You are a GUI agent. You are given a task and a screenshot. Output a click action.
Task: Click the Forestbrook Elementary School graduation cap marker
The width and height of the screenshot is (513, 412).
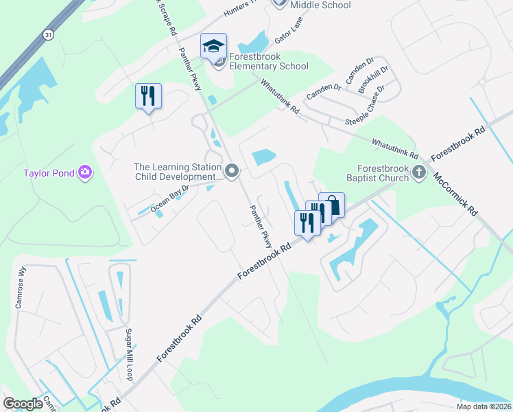pyautogui.click(x=213, y=47)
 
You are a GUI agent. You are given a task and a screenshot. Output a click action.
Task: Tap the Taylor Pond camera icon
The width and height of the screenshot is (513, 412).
pyautogui.click(x=85, y=172)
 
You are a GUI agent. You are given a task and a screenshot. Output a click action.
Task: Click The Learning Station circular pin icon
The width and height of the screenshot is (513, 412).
pyautogui.click(x=232, y=171)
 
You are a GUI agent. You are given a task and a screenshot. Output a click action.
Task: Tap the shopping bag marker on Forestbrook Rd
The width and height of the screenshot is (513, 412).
pyautogui.click(x=332, y=205)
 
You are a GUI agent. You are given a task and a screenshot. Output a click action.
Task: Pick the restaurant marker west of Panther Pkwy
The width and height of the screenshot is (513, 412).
pyautogui.click(x=148, y=96)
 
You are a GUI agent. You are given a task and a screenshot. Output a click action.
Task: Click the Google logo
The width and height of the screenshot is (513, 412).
pyautogui.click(x=23, y=404)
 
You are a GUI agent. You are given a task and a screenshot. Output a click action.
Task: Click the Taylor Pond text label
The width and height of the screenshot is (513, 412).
pyautogui.click(x=48, y=173)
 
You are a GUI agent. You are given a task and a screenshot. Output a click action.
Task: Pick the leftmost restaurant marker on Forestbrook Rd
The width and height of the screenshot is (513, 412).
pyautogui.click(x=306, y=223)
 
